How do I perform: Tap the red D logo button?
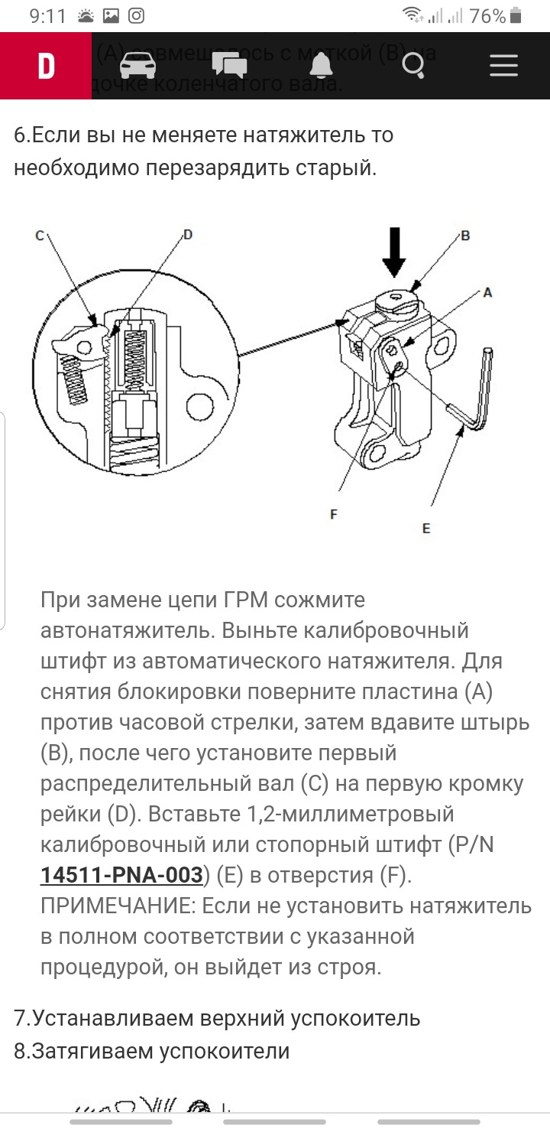coord(46,66)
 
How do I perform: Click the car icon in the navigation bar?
coord(137,66)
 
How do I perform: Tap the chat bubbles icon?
coord(229,66)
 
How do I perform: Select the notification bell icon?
coord(321,66)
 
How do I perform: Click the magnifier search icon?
coord(413,67)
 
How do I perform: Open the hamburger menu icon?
coord(503,66)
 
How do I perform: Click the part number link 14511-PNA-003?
coord(121,875)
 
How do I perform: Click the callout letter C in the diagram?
coord(39,236)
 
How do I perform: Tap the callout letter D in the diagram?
coord(187,234)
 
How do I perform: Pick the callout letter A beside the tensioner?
coord(487,292)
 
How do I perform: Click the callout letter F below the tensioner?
coord(334,515)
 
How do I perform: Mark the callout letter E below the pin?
coord(426,528)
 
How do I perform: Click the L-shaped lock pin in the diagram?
coord(477,398)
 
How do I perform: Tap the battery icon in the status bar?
coord(516,15)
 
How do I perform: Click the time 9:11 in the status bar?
coord(48,16)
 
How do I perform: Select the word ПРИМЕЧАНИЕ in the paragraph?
coord(117,906)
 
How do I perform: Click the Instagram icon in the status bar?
coord(135,16)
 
